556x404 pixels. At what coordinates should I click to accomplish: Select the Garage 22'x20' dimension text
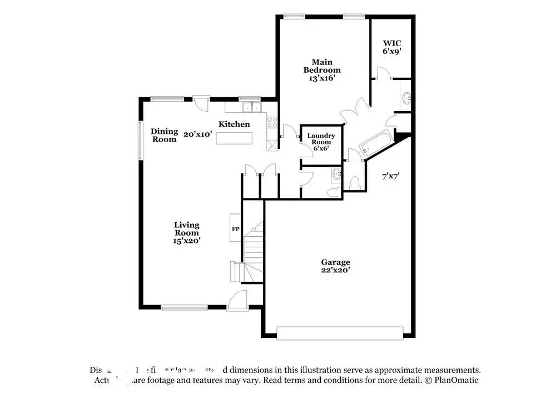pos(335,270)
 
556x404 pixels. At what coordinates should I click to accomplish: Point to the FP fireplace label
pos(236,229)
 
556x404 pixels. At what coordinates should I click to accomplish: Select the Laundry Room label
pos(321,142)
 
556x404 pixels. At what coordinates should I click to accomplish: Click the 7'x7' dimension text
pos(391,177)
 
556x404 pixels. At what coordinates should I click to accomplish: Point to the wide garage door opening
pos(340,333)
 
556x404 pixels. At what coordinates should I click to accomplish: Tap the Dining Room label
pos(165,135)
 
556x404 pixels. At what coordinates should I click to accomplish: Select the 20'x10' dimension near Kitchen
pos(198,134)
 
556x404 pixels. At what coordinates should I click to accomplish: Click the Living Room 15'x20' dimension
pos(186,241)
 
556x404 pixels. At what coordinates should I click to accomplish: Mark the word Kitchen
pos(234,124)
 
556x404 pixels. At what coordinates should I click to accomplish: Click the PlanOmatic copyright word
pos(456,380)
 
